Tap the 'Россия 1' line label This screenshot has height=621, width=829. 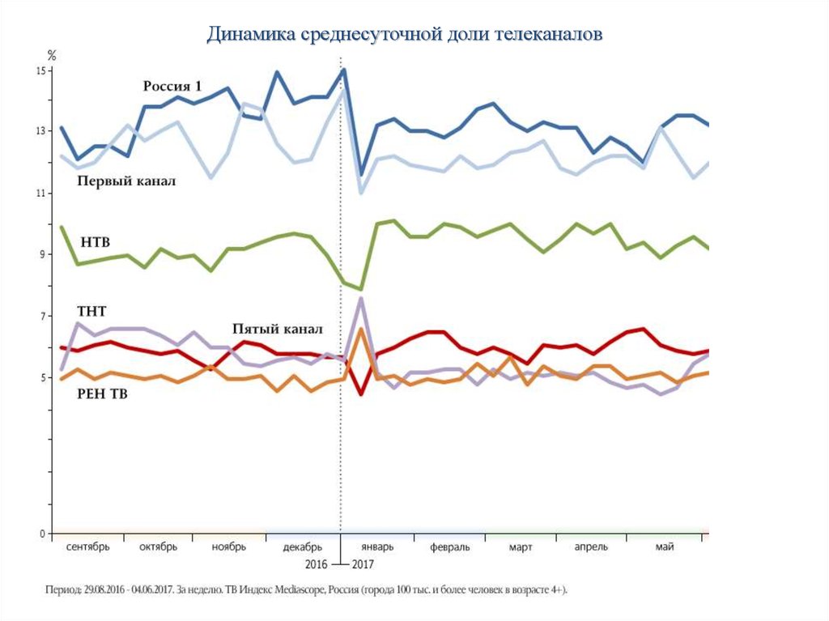[x=172, y=87]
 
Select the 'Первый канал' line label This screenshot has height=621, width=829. [x=126, y=181]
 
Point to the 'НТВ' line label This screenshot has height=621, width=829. [x=96, y=242]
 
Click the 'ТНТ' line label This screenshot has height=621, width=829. [x=91, y=311]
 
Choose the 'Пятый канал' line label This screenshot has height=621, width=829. [x=277, y=330]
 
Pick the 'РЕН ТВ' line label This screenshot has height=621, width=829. [x=102, y=394]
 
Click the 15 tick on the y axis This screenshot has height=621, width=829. [x=42, y=71]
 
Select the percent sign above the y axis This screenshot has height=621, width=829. [x=51, y=55]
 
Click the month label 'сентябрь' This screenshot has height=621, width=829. [x=87, y=547]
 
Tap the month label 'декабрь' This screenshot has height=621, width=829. [x=302, y=547]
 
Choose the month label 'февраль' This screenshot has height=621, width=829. [x=450, y=547]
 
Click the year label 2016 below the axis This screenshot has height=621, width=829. [x=317, y=564]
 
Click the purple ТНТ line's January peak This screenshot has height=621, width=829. [x=360, y=298]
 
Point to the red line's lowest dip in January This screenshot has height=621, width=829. [x=360, y=393]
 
